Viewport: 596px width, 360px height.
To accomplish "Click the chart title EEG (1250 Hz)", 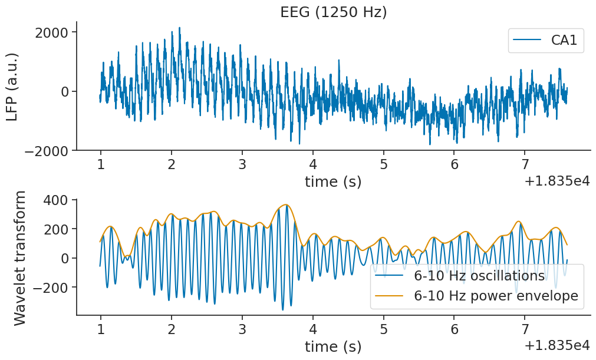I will [x=333, y=12].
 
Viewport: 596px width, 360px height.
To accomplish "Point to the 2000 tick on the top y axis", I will [x=54, y=32].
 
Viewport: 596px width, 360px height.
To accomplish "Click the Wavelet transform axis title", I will [x=19, y=257].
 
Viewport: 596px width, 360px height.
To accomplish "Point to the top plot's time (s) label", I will [x=333, y=181].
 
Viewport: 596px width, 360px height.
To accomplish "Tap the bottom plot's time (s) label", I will [x=333, y=346].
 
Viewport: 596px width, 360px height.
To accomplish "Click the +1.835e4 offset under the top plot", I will [x=557, y=181].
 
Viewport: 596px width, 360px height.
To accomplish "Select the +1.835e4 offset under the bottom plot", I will [x=557, y=346].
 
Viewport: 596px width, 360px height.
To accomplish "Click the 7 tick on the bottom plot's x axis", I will [x=524, y=328].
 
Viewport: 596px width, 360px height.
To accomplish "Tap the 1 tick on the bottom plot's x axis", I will [x=100, y=328].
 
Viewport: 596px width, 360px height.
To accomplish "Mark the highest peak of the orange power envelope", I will [x=287, y=204].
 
